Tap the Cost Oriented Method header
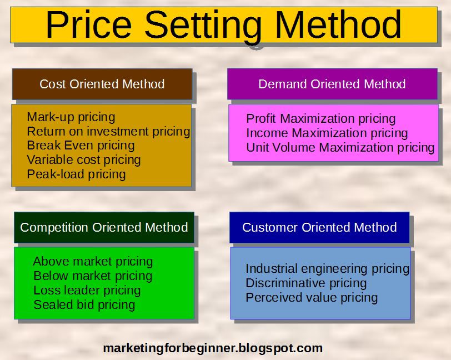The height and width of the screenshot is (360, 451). [102, 84]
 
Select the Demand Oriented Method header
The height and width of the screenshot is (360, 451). [332, 84]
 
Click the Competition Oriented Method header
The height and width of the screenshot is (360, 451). [104, 227]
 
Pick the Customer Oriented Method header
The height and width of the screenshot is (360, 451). [319, 227]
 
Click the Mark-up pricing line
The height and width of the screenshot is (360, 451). [71, 117]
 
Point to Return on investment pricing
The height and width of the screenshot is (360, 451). [108, 132]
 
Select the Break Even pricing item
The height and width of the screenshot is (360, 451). [81, 146]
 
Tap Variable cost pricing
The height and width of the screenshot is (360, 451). [84, 160]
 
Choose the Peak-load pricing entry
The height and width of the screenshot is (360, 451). [76, 174]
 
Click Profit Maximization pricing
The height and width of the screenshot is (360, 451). [320, 119]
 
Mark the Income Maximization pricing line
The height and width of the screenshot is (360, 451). [327, 133]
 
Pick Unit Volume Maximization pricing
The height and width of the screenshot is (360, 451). [340, 148]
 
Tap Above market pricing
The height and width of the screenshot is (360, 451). [93, 262]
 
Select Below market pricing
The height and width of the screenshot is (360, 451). [93, 276]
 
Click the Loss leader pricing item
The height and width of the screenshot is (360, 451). [87, 291]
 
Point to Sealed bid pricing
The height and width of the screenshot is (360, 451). [84, 305]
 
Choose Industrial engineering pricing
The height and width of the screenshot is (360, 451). [327, 269]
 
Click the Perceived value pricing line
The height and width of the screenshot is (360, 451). [312, 298]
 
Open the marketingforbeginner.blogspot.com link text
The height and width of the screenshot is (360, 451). [213, 348]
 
